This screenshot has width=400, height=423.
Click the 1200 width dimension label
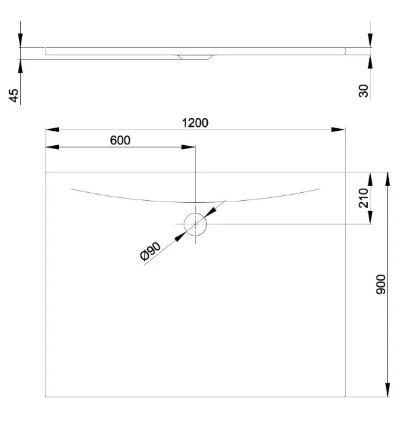pyautogui.click(x=195, y=123)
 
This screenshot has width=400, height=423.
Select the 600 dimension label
pyautogui.click(x=120, y=140)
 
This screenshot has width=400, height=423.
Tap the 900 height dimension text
pyautogui.click(x=381, y=284)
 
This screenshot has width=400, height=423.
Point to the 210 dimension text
pyautogui.click(x=364, y=198)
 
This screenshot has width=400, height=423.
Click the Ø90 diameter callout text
pyautogui.click(x=150, y=252)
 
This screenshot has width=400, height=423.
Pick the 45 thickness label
pyautogui.click(x=13, y=95)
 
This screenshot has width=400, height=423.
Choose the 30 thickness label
pyautogui.click(x=364, y=91)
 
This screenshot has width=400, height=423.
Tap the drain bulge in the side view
pyautogui.click(x=195, y=57)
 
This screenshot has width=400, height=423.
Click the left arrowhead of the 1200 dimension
pyautogui.click(x=52, y=130)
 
